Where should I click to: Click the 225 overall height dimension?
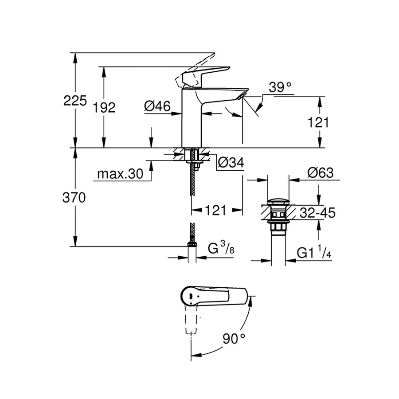point(74,101)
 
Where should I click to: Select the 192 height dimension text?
point(105,107)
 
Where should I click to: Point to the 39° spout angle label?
point(281,88)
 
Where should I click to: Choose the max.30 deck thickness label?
point(120,174)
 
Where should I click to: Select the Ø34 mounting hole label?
point(231,163)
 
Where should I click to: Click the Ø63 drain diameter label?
point(319,173)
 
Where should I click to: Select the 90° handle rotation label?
point(234,340)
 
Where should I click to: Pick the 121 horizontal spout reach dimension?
point(216,210)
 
